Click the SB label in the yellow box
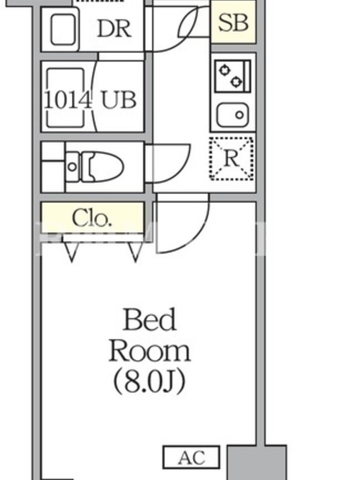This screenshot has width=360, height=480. click(x=233, y=23)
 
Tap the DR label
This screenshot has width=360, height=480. click(x=114, y=29)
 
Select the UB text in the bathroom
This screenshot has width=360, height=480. click(x=118, y=100)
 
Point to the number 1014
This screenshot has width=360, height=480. click(x=68, y=100)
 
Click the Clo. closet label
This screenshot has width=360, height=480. click(x=91, y=218)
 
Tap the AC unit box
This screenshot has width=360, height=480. click(x=191, y=457)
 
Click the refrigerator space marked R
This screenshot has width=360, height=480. click(x=232, y=158)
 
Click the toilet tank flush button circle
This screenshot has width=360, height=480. click(x=73, y=167)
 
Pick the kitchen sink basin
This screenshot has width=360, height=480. click(x=233, y=115)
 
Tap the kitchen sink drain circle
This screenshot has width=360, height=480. click(x=239, y=115)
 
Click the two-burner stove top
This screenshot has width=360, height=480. click(x=233, y=76)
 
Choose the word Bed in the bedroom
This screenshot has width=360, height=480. click(x=149, y=320)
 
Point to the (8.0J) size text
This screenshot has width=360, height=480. click(x=149, y=381)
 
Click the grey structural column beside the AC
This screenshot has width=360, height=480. click(x=257, y=462)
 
